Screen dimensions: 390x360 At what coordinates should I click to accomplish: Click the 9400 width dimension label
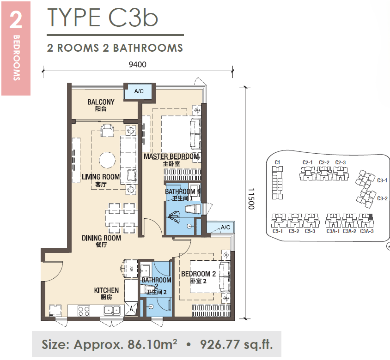coord(137,65)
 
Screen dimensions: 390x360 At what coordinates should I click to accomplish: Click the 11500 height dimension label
coord(251,199)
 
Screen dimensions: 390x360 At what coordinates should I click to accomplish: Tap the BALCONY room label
coord(101,102)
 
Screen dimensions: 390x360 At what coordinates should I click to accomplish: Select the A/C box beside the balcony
coord(139,91)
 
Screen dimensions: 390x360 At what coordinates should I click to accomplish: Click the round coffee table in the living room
coord(107,160)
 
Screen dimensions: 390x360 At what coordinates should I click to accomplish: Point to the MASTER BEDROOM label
coord(171,156)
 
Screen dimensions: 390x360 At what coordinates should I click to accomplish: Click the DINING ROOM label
coord(101,238)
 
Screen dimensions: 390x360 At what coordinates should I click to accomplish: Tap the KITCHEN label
coord(106,290)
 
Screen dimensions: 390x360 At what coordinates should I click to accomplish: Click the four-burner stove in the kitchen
coord(84,311)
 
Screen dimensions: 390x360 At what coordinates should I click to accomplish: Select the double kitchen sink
coord(112,310)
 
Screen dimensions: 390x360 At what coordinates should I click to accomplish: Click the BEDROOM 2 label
coord(198,274)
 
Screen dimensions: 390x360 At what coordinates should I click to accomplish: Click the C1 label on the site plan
coord(277,162)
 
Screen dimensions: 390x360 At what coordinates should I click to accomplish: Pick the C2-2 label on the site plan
coord(324,162)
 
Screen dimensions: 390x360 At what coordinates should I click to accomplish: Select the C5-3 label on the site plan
coord(310,231)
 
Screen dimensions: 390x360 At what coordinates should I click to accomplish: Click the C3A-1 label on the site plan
coord(333,231)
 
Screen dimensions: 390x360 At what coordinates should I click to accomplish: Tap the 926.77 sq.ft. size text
coord(236,344)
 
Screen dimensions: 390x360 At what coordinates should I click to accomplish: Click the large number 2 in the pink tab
coord(16,20)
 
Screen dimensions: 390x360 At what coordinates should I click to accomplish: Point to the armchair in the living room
coord(107,130)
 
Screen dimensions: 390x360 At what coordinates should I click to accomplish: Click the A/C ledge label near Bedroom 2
coord(225,227)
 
